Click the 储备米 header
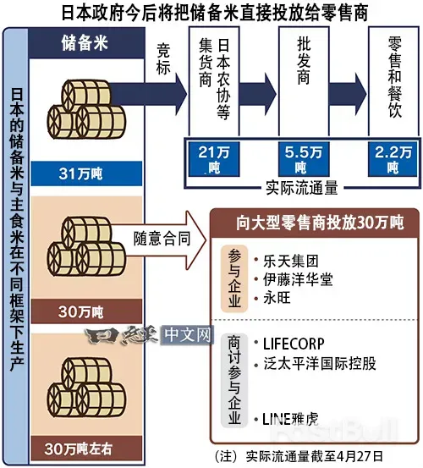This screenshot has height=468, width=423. tap(83, 42)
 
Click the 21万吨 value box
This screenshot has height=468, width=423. tap(214, 158)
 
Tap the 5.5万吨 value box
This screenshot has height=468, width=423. tap(304, 158)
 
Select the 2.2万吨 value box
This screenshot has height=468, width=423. tap(392, 158)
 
